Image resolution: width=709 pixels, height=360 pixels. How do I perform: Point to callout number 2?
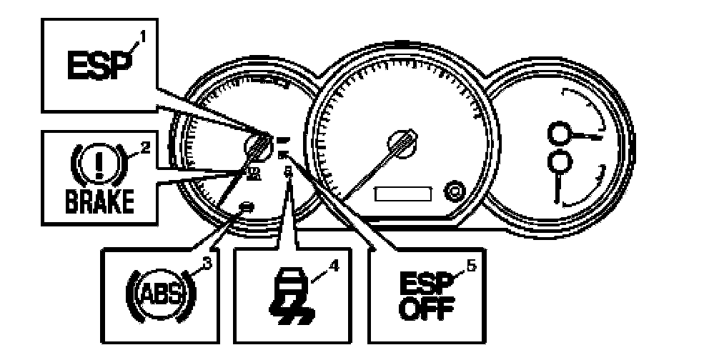(145, 149)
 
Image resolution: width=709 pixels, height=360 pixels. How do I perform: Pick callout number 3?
(208, 264)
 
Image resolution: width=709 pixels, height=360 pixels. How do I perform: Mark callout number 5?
(470, 264)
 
